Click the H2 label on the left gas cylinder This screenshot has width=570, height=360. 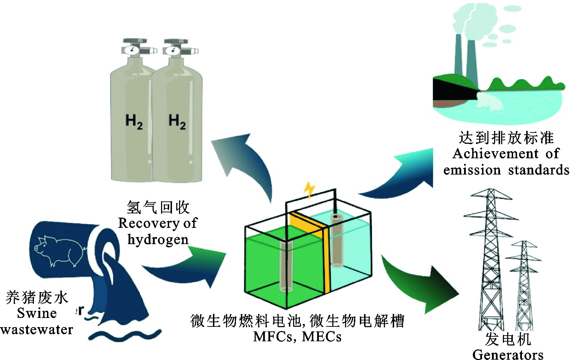[134, 122]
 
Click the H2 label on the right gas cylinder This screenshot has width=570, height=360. [177, 122]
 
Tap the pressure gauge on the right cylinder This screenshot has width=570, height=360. [173, 50]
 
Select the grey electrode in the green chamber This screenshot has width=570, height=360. [286, 266]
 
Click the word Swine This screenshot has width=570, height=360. [37, 313]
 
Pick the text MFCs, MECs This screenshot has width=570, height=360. [297, 337]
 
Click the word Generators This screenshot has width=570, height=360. [508, 354]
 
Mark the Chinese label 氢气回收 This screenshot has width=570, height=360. [158, 207]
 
